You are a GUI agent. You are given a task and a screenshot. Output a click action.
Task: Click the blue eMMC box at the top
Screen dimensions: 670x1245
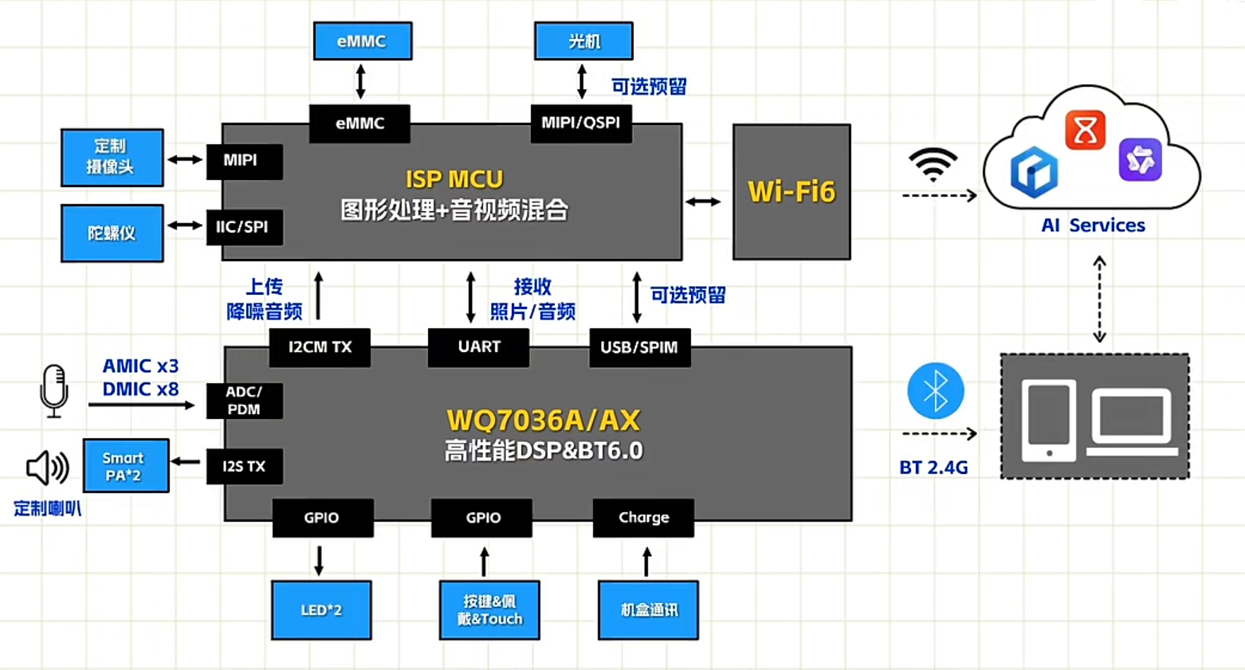click(x=363, y=41)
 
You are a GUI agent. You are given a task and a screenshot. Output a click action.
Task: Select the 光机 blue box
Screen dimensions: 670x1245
click(x=583, y=41)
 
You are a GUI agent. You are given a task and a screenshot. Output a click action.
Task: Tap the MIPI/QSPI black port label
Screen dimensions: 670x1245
click(x=581, y=123)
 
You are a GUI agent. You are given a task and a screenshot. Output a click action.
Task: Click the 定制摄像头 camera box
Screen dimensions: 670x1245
click(x=112, y=157)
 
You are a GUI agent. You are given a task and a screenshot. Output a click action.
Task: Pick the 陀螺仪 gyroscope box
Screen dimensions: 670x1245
click(x=112, y=233)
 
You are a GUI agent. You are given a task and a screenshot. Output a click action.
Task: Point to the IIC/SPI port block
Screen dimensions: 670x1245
click(x=244, y=227)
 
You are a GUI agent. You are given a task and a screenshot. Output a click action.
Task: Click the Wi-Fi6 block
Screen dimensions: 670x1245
click(x=791, y=192)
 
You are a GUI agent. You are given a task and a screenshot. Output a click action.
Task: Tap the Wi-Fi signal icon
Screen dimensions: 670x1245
click(x=933, y=163)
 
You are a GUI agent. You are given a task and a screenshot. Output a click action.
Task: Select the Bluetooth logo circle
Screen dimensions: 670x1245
click(x=936, y=391)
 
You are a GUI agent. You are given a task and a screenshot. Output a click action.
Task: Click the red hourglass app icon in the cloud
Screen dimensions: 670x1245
click(x=1085, y=130)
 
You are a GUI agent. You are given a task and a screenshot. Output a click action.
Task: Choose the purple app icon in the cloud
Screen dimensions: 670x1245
click(x=1140, y=159)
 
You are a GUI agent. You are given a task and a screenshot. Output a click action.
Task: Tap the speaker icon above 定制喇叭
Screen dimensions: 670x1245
click(x=47, y=468)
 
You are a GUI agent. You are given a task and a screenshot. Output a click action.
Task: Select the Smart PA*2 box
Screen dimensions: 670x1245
click(x=126, y=466)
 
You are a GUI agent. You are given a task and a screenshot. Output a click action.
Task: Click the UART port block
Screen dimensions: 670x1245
click(x=478, y=347)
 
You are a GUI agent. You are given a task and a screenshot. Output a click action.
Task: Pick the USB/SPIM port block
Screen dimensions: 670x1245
click(x=639, y=347)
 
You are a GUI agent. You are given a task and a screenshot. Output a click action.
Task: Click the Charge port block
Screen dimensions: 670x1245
click(x=643, y=518)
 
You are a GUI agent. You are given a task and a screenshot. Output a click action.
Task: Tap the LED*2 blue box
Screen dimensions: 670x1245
click(x=321, y=610)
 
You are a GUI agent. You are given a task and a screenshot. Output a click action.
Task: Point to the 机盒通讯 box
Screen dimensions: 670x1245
click(x=648, y=610)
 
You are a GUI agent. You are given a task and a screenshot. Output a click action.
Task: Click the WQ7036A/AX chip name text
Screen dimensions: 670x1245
click(x=544, y=420)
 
